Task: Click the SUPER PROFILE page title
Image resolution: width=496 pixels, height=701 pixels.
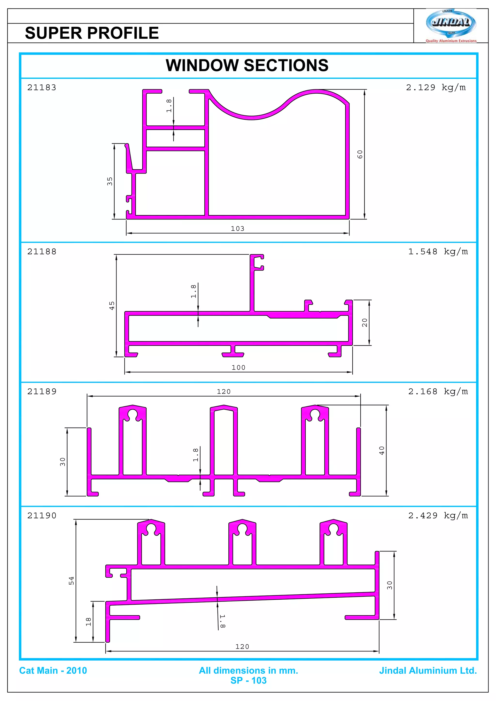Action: pyautogui.click(x=92, y=33)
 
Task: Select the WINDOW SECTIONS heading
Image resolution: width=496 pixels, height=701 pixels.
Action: pyautogui.click(x=247, y=65)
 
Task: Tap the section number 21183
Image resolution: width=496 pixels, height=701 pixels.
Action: pyautogui.click(x=42, y=88)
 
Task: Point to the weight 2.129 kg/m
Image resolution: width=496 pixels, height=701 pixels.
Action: pyautogui.click(x=435, y=88)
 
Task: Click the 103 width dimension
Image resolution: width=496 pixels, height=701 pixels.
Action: pyautogui.click(x=237, y=228)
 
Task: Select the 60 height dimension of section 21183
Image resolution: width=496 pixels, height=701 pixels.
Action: pyautogui.click(x=360, y=154)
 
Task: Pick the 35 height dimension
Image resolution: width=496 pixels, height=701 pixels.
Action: pyautogui.click(x=110, y=181)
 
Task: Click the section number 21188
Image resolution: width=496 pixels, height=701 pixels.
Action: pyautogui.click(x=42, y=252)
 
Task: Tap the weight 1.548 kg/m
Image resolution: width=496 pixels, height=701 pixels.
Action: pyautogui.click(x=438, y=252)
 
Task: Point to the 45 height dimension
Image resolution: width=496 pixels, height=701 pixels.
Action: pyautogui.click(x=112, y=305)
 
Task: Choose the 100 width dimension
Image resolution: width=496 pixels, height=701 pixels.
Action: pyautogui.click(x=238, y=367)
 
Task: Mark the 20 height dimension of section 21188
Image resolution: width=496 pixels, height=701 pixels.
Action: pyautogui.click(x=364, y=322)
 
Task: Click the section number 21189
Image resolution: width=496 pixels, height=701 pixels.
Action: pyautogui.click(x=42, y=392)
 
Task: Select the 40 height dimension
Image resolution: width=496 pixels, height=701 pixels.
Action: pyautogui.click(x=382, y=451)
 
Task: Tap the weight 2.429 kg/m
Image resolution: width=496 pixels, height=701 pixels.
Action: pyautogui.click(x=438, y=516)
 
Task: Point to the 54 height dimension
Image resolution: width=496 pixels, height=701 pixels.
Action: pyautogui.click(x=71, y=580)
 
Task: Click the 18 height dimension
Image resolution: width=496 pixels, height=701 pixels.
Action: pyautogui.click(x=88, y=622)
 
